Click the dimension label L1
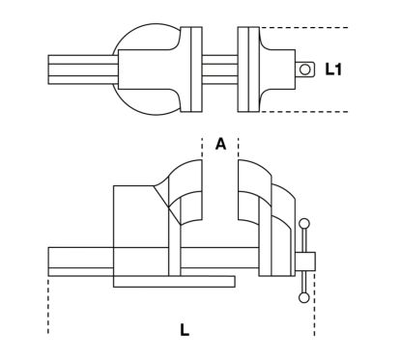(333, 69)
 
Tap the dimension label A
(220, 144)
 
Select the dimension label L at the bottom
(185, 329)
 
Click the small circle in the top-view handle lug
(304, 69)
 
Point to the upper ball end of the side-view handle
(304, 224)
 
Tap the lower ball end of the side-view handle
(304, 297)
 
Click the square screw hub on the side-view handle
(305, 262)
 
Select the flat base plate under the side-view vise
(174, 282)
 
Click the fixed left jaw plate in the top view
(191, 69)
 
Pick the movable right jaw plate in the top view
(248, 69)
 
